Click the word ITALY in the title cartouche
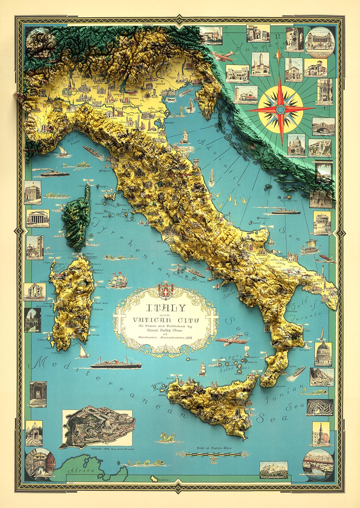coord(166,308)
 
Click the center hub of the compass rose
coord(280,109)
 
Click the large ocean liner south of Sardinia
coord(116,364)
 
